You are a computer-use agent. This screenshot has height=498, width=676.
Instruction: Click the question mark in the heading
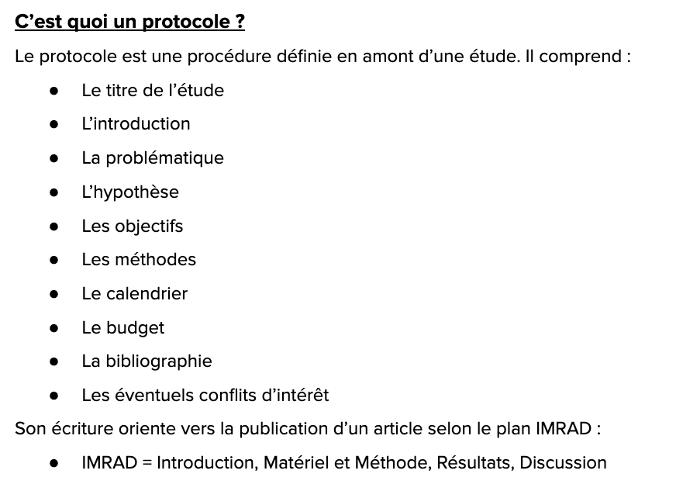(240, 22)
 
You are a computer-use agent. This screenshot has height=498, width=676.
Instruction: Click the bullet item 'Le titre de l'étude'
(153, 90)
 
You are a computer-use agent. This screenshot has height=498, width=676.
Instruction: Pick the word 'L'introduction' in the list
(136, 124)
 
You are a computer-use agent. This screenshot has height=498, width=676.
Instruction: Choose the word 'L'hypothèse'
(130, 192)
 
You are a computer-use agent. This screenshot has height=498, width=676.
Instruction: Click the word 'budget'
(135, 328)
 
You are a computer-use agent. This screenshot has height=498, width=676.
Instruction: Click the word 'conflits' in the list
(227, 396)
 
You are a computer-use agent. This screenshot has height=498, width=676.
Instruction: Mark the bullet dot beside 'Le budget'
(53, 328)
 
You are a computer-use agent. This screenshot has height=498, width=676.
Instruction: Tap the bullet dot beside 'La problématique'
(53, 158)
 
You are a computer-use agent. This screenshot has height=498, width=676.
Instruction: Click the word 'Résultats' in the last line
(474, 463)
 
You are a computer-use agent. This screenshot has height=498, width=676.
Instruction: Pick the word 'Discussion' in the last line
(563, 463)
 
